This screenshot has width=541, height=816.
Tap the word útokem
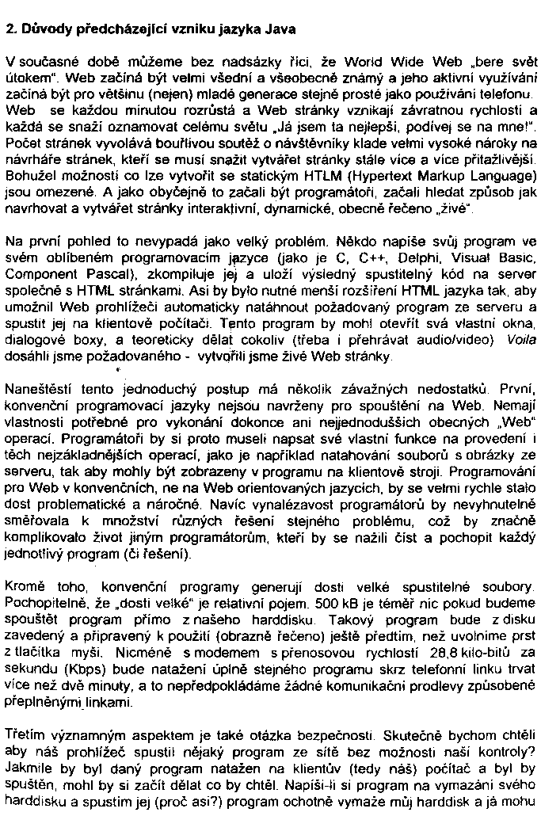tap(23, 78)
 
